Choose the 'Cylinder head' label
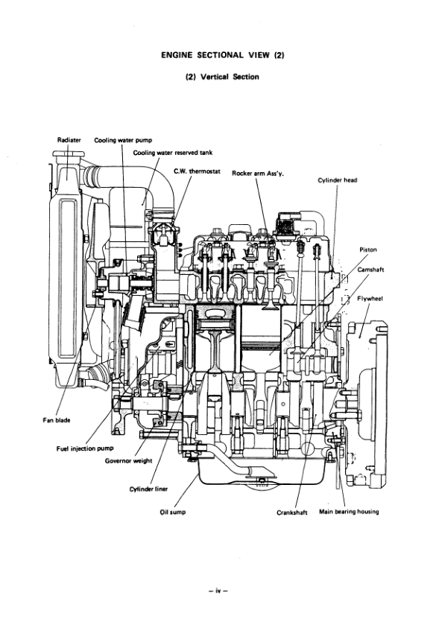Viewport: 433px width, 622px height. pyautogui.click(x=338, y=180)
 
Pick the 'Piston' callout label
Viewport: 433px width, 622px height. pyautogui.click(x=367, y=250)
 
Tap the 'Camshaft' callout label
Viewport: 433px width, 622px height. pyautogui.click(x=370, y=270)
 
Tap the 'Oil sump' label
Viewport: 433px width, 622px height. pyautogui.click(x=173, y=512)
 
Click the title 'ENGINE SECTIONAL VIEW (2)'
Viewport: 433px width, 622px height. pyautogui.click(x=216, y=54)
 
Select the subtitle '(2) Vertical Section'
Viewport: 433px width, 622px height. pyautogui.click(x=216, y=77)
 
